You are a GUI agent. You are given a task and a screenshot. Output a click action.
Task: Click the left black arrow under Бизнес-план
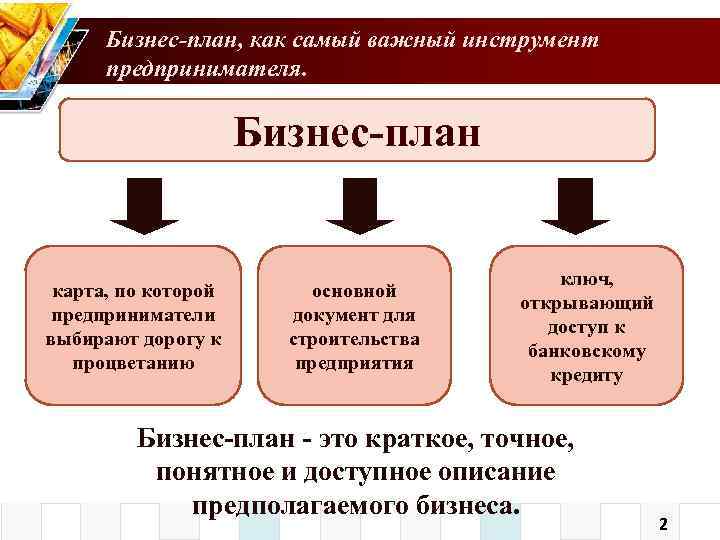(x=144, y=205)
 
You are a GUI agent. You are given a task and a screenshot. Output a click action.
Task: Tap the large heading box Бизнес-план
(x=357, y=129)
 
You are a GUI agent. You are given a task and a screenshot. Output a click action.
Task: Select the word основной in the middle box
(x=355, y=291)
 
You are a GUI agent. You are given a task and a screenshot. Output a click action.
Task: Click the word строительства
(x=355, y=339)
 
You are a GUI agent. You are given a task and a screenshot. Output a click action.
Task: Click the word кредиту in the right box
(x=586, y=376)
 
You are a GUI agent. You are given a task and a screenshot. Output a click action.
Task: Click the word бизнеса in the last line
(x=465, y=504)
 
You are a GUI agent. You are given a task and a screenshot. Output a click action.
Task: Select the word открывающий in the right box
(x=586, y=304)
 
